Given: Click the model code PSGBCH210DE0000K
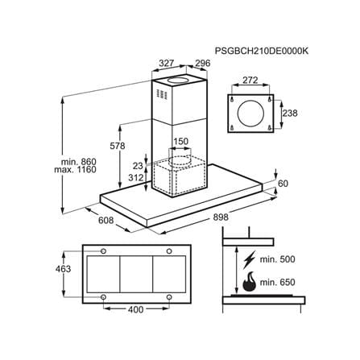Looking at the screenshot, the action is point(262,51).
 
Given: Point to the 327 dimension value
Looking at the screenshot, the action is point(167,64).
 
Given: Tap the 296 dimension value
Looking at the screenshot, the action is point(202,64).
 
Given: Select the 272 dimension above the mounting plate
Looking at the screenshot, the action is point(250,80).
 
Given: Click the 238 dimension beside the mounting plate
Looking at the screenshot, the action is point(290,113).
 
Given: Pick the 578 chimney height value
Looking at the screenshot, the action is point(118,146).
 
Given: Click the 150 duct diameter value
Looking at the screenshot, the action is point(180,141).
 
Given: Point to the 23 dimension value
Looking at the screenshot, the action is point(138,166).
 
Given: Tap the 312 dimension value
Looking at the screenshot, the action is point(136,177).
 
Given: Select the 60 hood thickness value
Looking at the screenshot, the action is point(283,184).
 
